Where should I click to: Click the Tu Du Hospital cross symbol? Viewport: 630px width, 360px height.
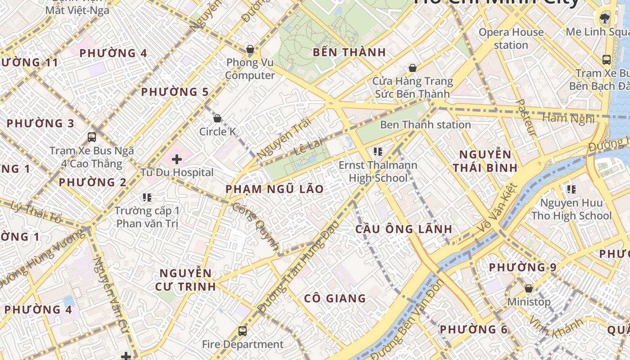point(177,159)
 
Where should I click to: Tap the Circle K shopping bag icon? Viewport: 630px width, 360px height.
point(217,118)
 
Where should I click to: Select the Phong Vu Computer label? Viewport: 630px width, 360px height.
point(250,69)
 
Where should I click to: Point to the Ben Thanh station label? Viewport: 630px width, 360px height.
point(425,125)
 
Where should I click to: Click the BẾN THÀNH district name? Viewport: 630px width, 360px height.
point(349,52)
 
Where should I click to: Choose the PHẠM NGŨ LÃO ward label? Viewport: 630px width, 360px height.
point(274,189)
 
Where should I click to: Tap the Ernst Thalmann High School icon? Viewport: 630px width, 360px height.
point(378,152)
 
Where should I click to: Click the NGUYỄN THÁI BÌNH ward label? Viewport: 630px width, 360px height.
point(485,162)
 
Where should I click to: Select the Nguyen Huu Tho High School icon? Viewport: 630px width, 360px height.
point(571,189)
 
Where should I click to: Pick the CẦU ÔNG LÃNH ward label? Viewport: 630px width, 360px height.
point(404,229)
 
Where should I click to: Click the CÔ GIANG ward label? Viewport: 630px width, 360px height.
point(335,298)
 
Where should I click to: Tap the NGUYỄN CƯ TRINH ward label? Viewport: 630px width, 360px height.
point(185,279)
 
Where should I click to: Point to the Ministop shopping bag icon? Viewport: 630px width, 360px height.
point(529,288)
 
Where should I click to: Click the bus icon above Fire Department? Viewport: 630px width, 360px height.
point(243,331)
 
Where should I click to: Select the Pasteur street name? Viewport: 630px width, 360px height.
point(526,118)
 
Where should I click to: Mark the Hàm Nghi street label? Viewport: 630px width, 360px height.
point(568,118)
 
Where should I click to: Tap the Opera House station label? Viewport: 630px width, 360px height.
point(511,39)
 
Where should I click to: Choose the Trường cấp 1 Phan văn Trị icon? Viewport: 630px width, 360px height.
point(147,197)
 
